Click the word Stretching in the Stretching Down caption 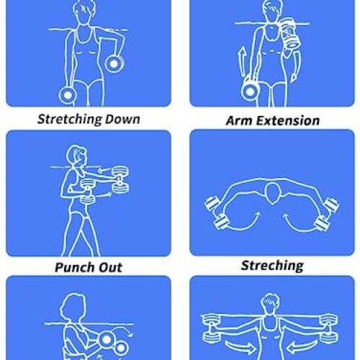pyautogui.click(x=68, y=119)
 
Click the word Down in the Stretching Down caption pyautogui.click(x=120, y=119)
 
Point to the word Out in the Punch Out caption pyautogui.click(x=109, y=267)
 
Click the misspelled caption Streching pyautogui.click(x=272, y=266)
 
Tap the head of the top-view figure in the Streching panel pyautogui.click(x=271, y=193)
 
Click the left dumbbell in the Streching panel pyautogui.click(x=215, y=212)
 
